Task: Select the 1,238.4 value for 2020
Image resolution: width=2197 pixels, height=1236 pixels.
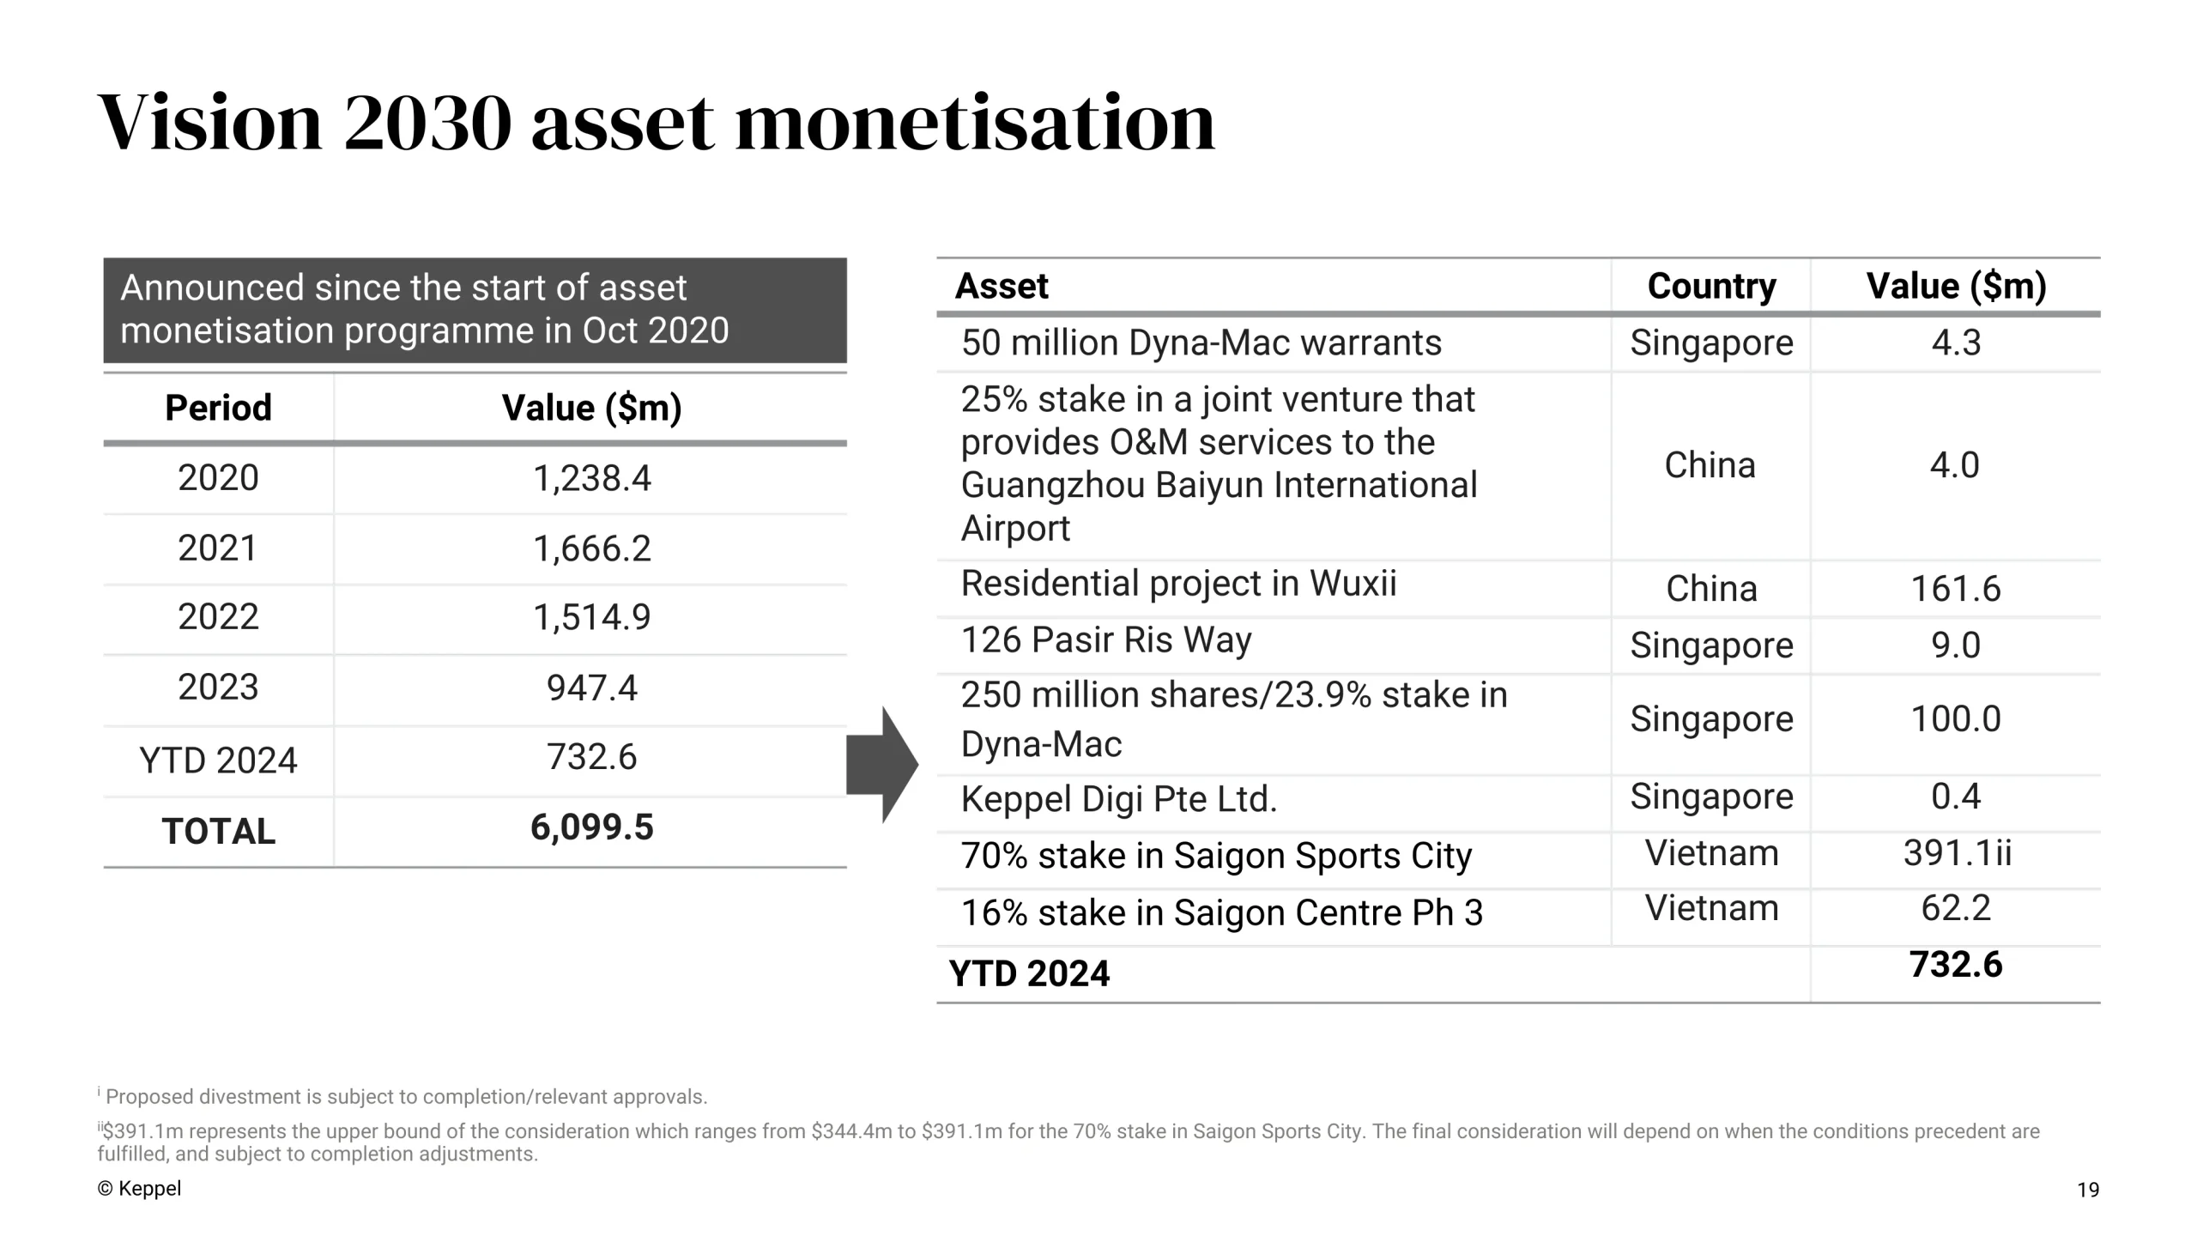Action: click(592, 478)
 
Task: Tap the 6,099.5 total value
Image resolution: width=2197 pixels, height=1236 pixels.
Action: click(592, 827)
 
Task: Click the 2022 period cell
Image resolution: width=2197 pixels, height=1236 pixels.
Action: click(218, 617)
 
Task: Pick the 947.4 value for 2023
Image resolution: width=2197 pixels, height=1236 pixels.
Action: click(592, 688)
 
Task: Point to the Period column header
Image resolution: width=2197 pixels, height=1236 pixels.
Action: click(218, 408)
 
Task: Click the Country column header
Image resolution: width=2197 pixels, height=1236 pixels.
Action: click(1711, 286)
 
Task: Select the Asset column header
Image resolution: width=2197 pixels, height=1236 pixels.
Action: click(1002, 286)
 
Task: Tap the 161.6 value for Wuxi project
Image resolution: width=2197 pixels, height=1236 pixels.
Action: click(1955, 589)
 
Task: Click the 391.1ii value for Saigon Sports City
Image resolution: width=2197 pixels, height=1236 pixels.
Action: click(1957, 853)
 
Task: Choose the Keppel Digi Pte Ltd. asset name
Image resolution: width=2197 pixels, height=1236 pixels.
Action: click(1119, 799)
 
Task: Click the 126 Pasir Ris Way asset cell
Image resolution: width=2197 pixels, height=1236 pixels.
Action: click(1106, 640)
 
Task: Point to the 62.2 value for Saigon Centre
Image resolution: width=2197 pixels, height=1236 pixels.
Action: click(1955, 908)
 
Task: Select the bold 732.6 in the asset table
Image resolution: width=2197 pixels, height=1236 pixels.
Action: click(1955, 965)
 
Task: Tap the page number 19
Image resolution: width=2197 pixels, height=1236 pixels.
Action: click(2088, 1190)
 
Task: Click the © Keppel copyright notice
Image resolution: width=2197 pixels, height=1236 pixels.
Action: click(139, 1189)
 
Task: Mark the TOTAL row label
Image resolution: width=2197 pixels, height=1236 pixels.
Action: click(218, 832)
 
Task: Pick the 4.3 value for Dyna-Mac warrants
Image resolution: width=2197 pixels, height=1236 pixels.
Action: click(1955, 342)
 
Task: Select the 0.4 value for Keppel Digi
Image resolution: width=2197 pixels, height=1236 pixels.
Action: click(1955, 797)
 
